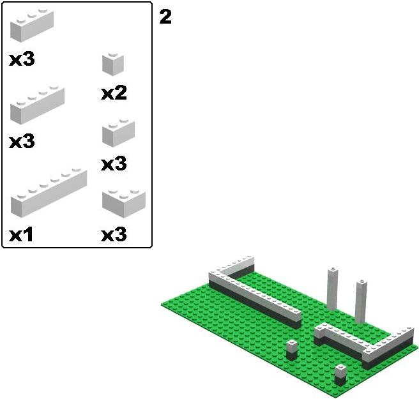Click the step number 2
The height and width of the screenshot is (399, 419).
click(165, 17)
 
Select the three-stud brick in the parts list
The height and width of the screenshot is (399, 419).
click(32, 26)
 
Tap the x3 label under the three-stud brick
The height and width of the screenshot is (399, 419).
click(22, 59)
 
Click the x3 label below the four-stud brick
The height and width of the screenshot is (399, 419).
click(22, 141)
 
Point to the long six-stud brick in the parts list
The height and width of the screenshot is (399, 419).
click(49, 193)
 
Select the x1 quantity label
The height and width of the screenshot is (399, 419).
click(21, 234)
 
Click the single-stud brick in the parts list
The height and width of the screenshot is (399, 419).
click(113, 64)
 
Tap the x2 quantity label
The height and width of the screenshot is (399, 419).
click(114, 93)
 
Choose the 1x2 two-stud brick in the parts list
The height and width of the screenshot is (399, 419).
click(118, 133)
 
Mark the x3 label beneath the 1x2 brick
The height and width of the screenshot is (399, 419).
click(114, 163)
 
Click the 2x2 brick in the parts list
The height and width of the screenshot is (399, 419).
click(124, 203)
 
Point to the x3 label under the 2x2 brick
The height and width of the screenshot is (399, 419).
click(114, 234)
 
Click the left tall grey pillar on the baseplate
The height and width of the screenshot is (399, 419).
click(333, 289)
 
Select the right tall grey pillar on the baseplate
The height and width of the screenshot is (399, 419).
click(361, 302)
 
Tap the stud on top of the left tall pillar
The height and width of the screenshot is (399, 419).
click(333, 268)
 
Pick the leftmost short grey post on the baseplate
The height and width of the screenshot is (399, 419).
click(292, 350)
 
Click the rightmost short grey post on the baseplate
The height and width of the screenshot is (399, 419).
click(340, 375)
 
